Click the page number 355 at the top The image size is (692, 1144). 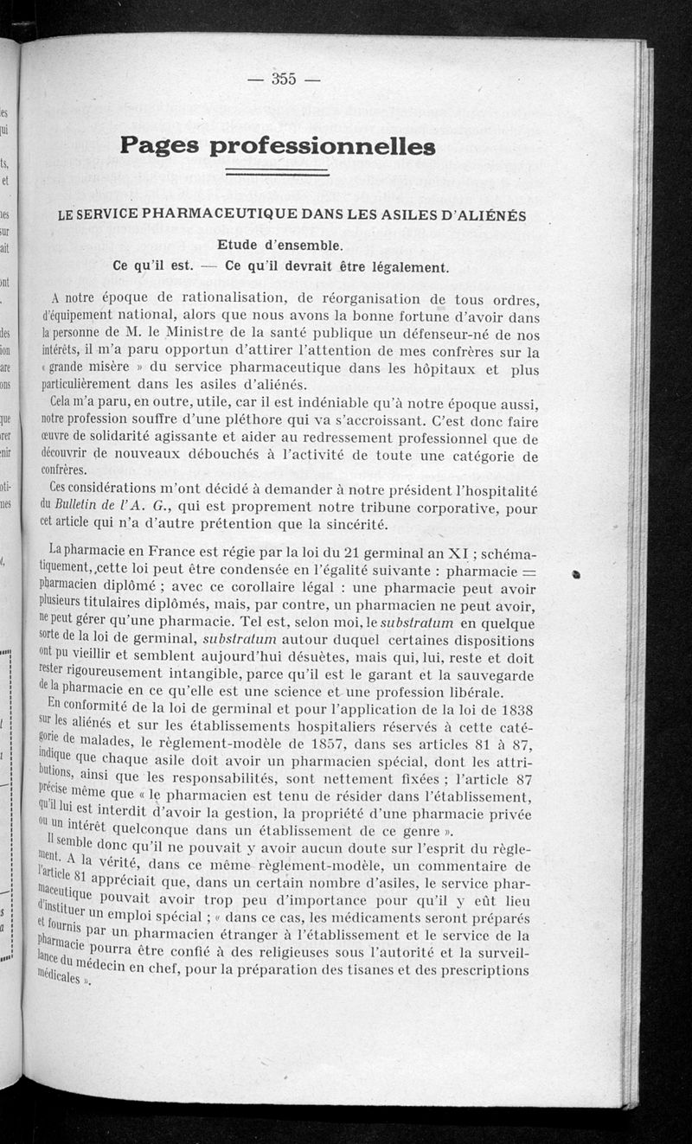pyautogui.click(x=284, y=79)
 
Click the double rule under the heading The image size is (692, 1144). pyautogui.click(x=277, y=174)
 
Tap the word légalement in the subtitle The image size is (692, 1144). pyautogui.click(x=406, y=265)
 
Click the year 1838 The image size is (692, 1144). pyautogui.click(x=521, y=708)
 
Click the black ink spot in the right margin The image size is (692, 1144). pyautogui.click(x=576, y=573)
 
